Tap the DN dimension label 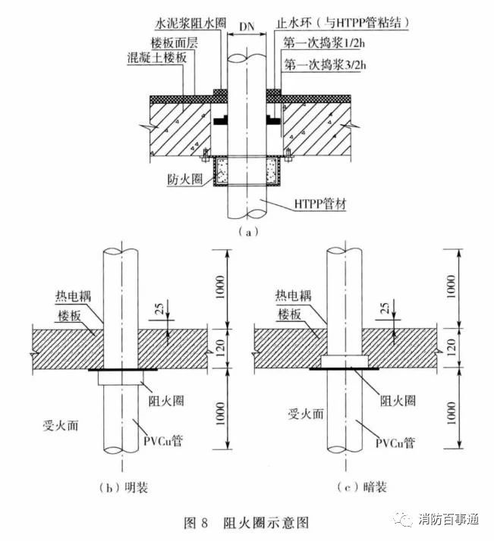coord(247,28)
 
